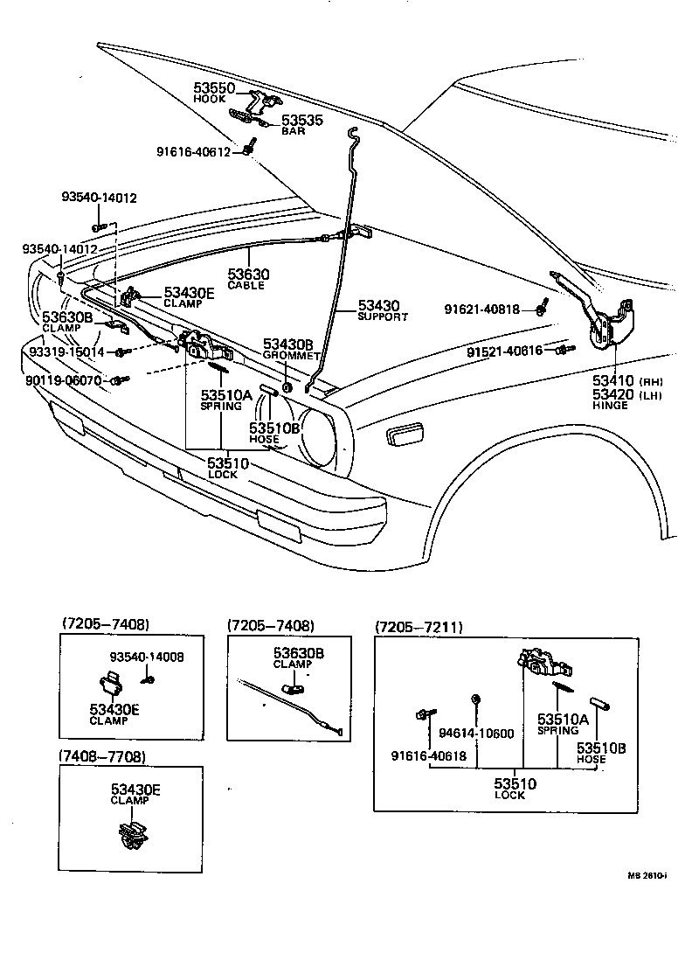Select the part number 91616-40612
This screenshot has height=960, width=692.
[x=194, y=151]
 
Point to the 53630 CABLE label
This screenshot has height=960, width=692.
[x=248, y=275]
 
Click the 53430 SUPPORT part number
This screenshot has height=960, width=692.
[x=378, y=306]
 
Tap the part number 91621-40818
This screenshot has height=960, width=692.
[x=481, y=310]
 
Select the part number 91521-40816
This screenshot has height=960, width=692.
[x=504, y=351]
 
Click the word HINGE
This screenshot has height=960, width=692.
[x=610, y=406]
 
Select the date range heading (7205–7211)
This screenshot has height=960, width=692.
[x=419, y=628]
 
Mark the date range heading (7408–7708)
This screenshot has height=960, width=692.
[x=102, y=755]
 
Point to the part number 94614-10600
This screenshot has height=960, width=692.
[x=476, y=733]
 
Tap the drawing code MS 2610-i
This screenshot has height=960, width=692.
[x=647, y=874]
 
